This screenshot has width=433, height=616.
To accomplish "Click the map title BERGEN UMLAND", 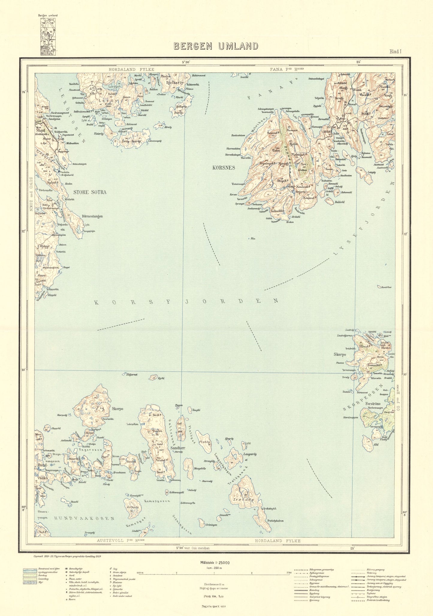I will [216, 46].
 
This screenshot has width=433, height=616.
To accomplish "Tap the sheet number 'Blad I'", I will [395, 52].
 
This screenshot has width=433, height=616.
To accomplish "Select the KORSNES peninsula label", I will [224, 168].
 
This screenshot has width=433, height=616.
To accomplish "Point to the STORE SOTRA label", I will [90, 192].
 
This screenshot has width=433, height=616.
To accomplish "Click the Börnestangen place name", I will [92, 216].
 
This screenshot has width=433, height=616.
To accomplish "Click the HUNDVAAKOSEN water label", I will [85, 518].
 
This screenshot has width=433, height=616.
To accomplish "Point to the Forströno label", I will [373, 404].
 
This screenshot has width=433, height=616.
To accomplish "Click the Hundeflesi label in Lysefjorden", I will [386, 287].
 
